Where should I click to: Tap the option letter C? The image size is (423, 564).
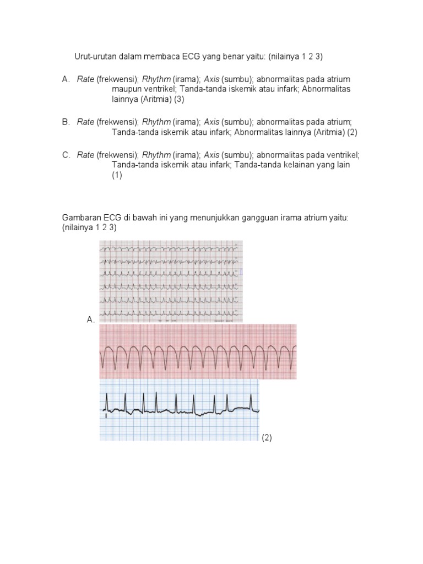66,155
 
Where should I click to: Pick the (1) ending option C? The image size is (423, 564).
117,175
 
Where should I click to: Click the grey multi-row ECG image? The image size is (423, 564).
171,281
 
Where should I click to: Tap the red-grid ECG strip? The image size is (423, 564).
198,352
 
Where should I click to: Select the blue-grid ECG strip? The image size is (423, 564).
180,410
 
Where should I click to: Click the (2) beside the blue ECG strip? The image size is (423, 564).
267,438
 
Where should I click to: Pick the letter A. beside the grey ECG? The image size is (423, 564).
90,319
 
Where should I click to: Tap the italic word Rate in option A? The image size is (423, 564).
85,80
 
